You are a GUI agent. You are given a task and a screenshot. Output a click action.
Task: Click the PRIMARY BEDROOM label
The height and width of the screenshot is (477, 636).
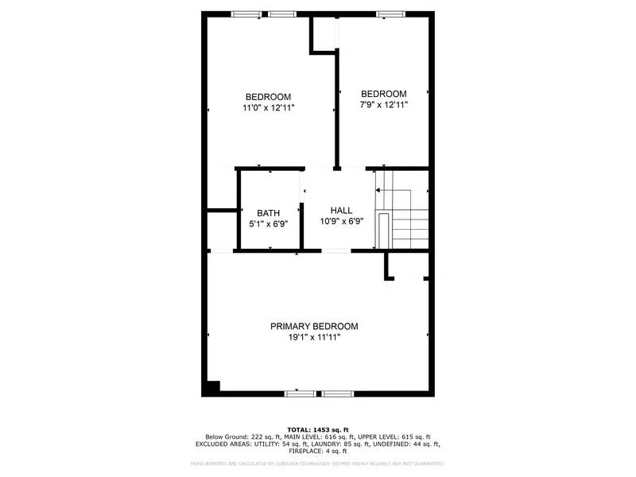314,326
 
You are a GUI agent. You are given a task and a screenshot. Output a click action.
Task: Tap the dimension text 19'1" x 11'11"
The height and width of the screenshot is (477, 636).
314,337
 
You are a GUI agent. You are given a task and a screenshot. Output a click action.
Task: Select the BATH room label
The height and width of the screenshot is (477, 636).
268,213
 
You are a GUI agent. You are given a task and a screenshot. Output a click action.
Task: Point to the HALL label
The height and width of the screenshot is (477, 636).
342,210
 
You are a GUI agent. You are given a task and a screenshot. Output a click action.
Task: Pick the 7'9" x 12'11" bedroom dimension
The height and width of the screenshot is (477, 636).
384,104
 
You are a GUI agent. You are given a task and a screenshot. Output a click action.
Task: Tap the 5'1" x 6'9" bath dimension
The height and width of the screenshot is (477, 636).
268,223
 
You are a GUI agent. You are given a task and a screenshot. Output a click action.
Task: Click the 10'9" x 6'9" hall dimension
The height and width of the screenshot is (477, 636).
342,221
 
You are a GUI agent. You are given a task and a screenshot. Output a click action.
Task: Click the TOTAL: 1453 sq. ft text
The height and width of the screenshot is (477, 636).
318,429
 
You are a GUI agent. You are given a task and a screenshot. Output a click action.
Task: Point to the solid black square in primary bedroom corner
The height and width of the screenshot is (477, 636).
212,387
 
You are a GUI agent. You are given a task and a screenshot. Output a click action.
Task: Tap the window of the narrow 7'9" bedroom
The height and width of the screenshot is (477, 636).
389,14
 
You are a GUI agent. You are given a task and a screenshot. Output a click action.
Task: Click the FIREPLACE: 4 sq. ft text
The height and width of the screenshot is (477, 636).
318,451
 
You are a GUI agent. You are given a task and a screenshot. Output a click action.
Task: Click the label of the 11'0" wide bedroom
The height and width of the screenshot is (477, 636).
268,97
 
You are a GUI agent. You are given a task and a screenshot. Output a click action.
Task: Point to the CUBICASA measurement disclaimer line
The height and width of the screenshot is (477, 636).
318,463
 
